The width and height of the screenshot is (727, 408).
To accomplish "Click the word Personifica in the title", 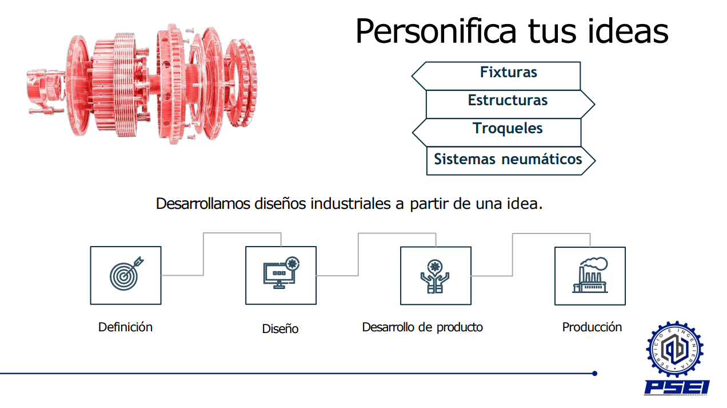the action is pyautogui.click(x=436, y=31).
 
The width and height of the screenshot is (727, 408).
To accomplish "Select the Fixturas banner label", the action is pyautogui.click(x=509, y=72).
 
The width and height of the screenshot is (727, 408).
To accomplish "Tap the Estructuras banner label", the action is pyautogui.click(x=508, y=100).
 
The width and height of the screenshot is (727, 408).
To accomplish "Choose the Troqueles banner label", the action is pyautogui.click(x=508, y=128).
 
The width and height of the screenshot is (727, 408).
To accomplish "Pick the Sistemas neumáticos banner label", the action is pyautogui.click(x=508, y=159).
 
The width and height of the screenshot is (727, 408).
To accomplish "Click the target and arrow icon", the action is pyautogui.click(x=126, y=274).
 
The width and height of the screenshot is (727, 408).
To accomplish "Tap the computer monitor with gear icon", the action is pyautogui.click(x=281, y=272).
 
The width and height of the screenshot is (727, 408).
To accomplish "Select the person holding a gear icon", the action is pyautogui.click(x=435, y=276).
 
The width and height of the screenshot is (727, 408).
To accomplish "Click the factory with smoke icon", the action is pyautogui.click(x=590, y=275).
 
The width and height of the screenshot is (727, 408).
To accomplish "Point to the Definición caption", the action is pyautogui.click(x=125, y=327).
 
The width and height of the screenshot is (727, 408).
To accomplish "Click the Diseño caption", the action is pyautogui.click(x=280, y=328).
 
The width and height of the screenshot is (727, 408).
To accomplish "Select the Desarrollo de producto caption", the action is pyautogui.click(x=422, y=327).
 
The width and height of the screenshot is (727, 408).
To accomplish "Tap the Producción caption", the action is pyautogui.click(x=592, y=327).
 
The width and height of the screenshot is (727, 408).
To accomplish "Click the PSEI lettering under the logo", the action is pyautogui.click(x=677, y=387).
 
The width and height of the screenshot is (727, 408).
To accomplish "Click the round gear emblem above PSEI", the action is pyautogui.click(x=675, y=349).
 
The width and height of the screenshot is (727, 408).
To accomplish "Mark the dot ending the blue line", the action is pyautogui.click(x=594, y=374).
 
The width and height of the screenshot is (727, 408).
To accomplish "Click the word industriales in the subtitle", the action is pyautogui.click(x=350, y=204).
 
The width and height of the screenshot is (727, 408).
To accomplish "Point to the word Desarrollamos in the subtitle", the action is pyautogui.click(x=203, y=204).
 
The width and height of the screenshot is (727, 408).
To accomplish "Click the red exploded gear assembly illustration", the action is pyautogui.click(x=142, y=84).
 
